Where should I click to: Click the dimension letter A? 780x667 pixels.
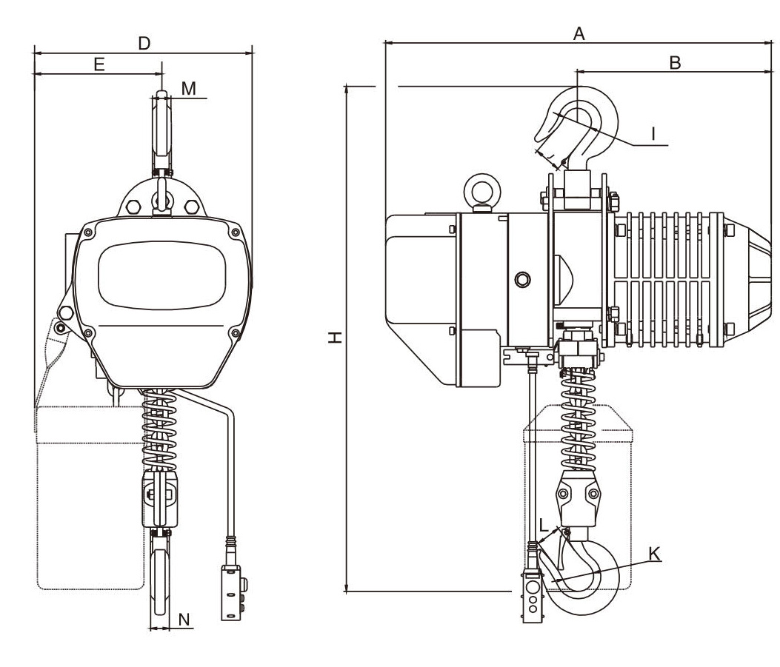tap(580, 33)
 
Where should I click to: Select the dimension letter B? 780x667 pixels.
tap(675, 62)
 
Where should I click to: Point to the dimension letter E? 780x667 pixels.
tap(99, 64)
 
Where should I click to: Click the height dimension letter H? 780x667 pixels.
tap(336, 338)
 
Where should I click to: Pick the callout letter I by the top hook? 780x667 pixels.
tap(653, 133)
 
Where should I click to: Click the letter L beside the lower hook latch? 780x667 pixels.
tap(544, 527)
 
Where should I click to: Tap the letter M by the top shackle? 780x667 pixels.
tap(189, 89)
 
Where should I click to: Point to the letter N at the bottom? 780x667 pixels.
tap(184, 620)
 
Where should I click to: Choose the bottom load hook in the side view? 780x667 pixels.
tap(585, 574)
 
